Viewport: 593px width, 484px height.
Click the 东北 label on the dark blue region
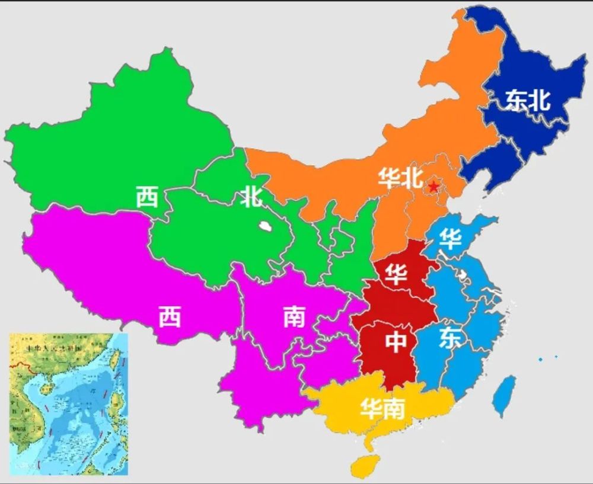(528, 101)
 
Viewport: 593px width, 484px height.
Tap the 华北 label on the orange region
(400, 178)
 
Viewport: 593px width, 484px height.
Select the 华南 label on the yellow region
(383, 409)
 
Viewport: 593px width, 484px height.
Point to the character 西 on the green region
(148, 197)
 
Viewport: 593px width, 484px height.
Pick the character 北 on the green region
(251, 197)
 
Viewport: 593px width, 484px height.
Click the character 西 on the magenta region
(170, 318)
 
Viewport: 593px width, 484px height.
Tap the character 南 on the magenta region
(294, 318)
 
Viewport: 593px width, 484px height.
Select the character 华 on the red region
(396, 273)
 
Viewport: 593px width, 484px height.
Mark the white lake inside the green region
(264, 226)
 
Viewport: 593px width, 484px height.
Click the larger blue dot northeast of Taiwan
(541, 360)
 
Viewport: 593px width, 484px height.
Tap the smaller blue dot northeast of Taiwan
(556, 357)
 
